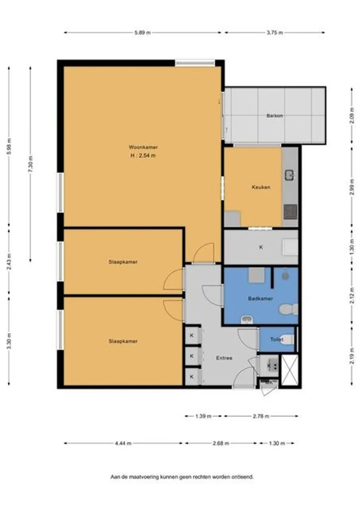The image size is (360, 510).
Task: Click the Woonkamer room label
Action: click(x=143, y=147)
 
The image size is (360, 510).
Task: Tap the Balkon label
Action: click(x=275, y=116)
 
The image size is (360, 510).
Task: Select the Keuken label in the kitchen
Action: click(x=260, y=187)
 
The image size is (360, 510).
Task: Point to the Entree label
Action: click(x=224, y=358)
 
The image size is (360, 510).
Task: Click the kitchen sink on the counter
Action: click(x=289, y=175)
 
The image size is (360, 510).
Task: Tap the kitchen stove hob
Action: click(x=290, y=212)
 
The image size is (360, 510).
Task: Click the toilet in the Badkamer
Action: click(x=288, y=309)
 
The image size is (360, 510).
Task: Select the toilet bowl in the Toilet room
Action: click(x=286, y=339)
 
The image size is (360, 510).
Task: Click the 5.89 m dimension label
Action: click(x=143, y=33)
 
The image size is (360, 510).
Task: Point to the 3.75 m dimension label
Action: click(x=275, y=33)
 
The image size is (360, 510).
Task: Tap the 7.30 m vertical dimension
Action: click(x=30, y=165)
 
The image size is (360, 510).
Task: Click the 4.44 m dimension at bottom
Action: click(x=123, y=443)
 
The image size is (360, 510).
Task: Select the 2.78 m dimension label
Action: click(x=260, y=416)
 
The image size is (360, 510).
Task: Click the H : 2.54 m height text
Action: click(x=143, y=155)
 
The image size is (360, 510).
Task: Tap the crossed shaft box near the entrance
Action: click(x=289, y=370)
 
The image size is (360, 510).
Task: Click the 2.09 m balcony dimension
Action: click(x=351, y=116)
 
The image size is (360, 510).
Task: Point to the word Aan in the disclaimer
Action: click(x=114, y=477)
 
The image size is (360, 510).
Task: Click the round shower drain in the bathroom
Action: click(x=285, y=277)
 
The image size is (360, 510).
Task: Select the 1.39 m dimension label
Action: click(x=203, y=416)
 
